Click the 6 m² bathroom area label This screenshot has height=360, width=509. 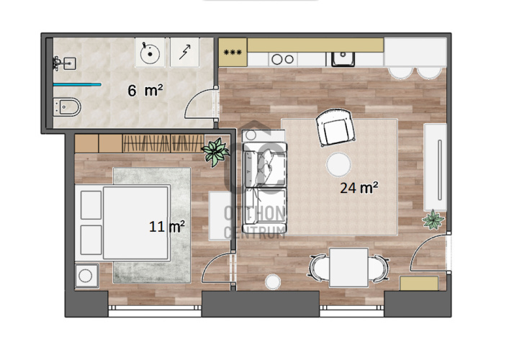tap(145, 90)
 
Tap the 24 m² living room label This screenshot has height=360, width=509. tap(359, 188)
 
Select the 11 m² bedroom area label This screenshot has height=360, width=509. tap(167, 226)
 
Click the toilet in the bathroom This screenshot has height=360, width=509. tap(67, 107)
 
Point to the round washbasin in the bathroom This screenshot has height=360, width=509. tap(150, 53)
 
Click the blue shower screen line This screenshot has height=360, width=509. tap(77, 85)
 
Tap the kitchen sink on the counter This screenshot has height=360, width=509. tap(343, 59)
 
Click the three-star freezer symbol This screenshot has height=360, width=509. tap(233, 52)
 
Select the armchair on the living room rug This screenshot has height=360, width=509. tap(335, 128)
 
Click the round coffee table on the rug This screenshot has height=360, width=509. tap(338, 165)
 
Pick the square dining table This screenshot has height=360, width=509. tap(348, 268)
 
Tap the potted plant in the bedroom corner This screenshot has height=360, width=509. tap(215, 152)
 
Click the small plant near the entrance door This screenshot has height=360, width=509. tap(433, 220)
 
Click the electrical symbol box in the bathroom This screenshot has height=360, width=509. tap(185, 53)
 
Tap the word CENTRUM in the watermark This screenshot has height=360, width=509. tap(255, 233)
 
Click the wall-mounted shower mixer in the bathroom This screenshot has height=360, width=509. tap(57, 63)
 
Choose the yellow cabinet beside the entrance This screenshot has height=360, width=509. tap(419, 284)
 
